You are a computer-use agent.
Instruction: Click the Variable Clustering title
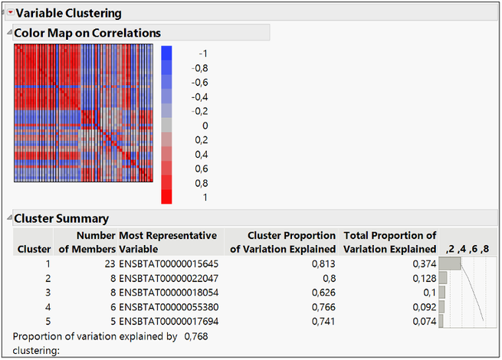(68, 13)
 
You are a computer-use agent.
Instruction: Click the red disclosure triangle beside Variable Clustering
(10, 13)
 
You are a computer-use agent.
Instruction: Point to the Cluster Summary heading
(61, 218)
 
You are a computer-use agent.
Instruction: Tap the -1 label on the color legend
(202, 54)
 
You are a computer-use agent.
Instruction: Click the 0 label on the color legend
(205, 125)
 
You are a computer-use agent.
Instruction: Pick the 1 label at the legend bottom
(205, 197)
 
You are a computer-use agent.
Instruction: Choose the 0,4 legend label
(202, 154)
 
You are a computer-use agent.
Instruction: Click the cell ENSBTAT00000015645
(169, 263)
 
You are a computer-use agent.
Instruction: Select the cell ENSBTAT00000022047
(169, 278)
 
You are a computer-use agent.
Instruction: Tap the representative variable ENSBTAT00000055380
(169, 306)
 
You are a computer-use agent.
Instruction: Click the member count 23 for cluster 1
(109, 263)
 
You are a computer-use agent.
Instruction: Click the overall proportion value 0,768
(196, 335)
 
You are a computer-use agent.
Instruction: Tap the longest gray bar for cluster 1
(450, 263)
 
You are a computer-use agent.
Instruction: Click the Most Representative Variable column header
(168, 242)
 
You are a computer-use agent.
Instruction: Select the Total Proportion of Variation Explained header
(390, 242)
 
